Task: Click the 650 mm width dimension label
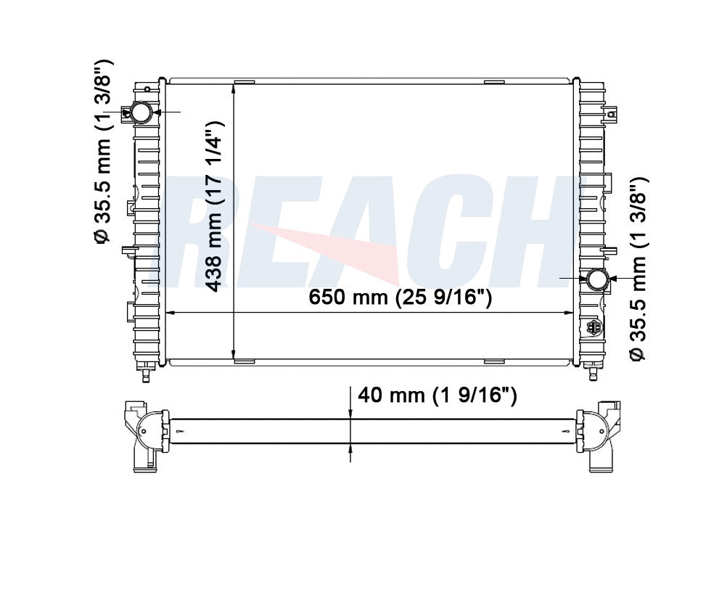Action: point(400,296)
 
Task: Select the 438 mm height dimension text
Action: point(215,206)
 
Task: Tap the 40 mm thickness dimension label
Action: point(437,395)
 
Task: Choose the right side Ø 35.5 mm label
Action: point(638,268)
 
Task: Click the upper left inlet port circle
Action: point(141,112)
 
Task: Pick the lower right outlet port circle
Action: point(597,279)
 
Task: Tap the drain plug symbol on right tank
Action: point(593,327)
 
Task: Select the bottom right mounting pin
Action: point(593,372)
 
